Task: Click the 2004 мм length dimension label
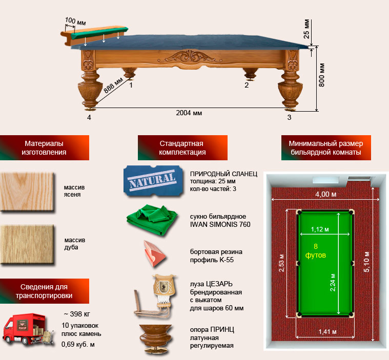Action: [x=189, y=113]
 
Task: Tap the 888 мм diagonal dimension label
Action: [x=113, y=86]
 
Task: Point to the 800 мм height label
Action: [x=321, y=75]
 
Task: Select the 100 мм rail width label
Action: [x=75, y=22]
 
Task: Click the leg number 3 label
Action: [x=289, y=117]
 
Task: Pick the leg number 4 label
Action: [x=89, y=117]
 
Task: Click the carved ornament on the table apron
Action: [x=190, y=57]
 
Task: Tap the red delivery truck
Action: [x=28, y=329]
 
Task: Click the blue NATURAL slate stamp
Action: [x=153, y=181]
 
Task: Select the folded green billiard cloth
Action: [x=152, y=220]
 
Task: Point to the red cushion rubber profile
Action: [x=154, y=253]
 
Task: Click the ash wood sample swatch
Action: [x=27, y=192]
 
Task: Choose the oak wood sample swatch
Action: [x=27, y=244]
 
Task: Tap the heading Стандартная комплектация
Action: [x=182, y=148]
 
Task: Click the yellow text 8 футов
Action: [x=315, y=250]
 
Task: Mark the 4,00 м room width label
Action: [x=326, y=195]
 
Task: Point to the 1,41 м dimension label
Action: [x=327, y=332]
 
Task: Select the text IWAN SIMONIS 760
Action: [x=220, y=224]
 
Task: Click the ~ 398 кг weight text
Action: [x=77, y=314]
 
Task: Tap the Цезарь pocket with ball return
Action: [x=156, y=297]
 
